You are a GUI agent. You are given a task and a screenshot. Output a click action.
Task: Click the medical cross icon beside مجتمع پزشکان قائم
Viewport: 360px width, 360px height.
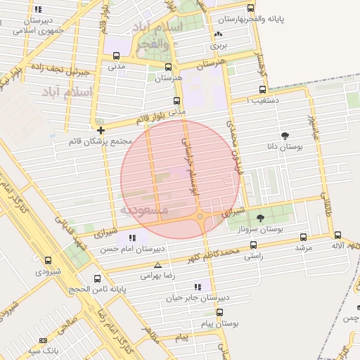pos(101,130)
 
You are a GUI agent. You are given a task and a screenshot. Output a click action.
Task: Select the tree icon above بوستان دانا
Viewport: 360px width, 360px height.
pos(285,136)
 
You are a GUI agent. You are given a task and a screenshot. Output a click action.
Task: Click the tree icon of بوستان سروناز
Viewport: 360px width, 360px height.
pos(261,218)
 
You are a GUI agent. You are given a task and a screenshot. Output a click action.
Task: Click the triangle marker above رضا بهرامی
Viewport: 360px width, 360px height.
pos(157,266)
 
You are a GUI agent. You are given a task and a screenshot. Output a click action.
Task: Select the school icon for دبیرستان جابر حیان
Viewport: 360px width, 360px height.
pos(198,287)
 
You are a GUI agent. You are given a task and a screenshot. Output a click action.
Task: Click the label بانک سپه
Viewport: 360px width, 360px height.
pos(43,349)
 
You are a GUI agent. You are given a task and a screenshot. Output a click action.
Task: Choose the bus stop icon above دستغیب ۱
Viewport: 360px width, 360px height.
pos(262,89)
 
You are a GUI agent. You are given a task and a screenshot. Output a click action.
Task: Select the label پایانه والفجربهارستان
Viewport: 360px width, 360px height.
pos(253,19)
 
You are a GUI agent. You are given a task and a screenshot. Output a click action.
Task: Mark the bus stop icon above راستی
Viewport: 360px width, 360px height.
pos(255,247)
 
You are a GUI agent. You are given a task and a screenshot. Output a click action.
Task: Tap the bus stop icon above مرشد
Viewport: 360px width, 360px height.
pos(303,237)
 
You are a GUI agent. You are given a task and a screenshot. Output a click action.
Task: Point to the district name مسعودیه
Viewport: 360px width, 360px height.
pos(144,210)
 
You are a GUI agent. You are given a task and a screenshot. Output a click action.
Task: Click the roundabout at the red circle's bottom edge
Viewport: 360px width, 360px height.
pos(201,217)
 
